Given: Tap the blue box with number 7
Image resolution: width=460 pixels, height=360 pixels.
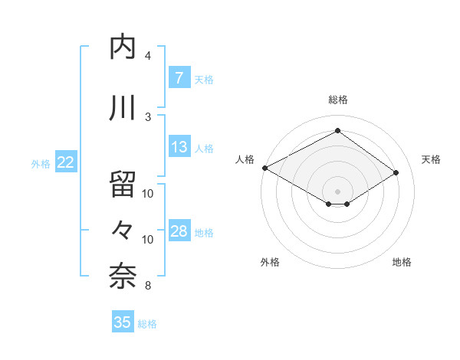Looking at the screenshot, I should point(179,78).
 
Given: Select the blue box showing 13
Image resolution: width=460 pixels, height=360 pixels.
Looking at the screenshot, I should point(179,147).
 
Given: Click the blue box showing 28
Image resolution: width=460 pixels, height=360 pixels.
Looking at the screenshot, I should point(179,231).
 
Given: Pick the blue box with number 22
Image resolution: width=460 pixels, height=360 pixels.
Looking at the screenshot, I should point(65,162).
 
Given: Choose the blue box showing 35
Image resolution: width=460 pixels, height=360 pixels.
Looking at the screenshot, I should point(123,322).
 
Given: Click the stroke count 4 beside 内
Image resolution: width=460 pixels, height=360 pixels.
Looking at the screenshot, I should point(148,56).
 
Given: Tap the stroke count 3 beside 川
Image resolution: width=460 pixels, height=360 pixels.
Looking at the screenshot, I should point(148,117).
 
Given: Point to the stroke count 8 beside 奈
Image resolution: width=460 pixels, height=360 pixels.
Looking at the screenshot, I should point(148,286).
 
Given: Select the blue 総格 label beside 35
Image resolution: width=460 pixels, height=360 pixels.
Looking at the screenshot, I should point(147,324).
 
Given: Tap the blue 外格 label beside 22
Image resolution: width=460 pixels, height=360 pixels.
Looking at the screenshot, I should point(41,163).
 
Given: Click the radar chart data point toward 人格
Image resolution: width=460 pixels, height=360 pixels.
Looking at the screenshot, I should point(264,168).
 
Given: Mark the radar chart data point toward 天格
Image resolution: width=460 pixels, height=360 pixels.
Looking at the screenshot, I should point(396,173).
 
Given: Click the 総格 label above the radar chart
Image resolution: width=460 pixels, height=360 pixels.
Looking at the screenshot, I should point(337,100).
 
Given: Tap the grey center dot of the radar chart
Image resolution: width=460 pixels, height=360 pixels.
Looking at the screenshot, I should point(337,190).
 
